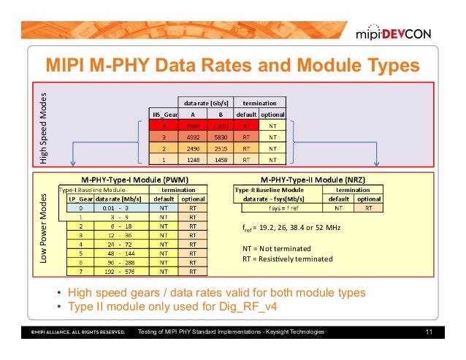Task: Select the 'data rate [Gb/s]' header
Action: (x=205, y=103)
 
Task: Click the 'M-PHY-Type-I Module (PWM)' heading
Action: (x=137, y=179)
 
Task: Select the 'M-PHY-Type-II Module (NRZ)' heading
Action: (x=312, y=179)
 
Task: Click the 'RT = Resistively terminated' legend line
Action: (x=287, y=258)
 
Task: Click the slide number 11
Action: (x=429, y=333)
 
